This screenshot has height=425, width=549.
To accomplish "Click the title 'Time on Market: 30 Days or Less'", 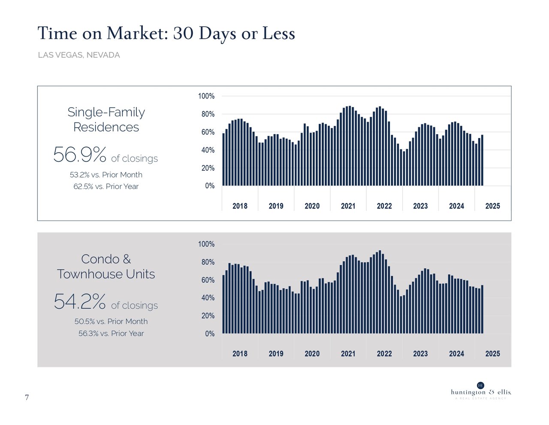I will click(166, 34).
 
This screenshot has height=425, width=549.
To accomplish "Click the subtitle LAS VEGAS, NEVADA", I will click(78, 55).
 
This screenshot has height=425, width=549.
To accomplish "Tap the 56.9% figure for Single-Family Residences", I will click(80, 155).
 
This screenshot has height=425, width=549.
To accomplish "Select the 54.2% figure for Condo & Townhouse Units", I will click(80, 302).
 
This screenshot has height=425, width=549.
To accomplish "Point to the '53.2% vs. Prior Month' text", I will click(106, 175).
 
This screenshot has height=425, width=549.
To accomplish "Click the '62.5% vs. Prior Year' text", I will click(106, 187).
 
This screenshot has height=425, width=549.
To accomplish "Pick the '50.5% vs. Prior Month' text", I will click(111, 321).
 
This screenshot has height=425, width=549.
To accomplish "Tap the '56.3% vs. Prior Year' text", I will click(111, 333).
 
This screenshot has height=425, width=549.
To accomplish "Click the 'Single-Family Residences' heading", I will click(106, 119).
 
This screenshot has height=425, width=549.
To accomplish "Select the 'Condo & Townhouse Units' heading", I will click(106, 266).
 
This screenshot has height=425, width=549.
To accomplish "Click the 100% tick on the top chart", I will click(206, 96).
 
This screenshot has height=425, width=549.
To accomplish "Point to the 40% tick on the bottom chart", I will click(206, 298).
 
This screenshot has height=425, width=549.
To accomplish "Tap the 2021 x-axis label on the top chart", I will click(348, 206).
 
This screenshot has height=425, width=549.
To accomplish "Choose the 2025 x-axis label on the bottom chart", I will click(492, 354).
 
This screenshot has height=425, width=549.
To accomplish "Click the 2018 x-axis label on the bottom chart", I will click(240, 354).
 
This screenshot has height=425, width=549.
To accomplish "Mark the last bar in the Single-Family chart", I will click(482, 161).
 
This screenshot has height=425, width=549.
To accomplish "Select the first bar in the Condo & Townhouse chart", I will click(223, 304).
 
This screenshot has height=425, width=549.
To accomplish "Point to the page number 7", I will click(27, 397).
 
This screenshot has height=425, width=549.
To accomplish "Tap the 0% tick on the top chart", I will click(209, 186).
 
